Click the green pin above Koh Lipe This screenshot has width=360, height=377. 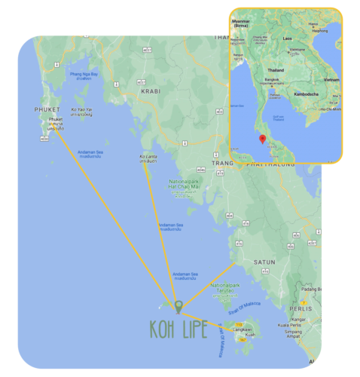tap(178, 306)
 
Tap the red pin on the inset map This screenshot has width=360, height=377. tap(261, 139)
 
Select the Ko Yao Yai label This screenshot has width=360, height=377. tap(81, 110)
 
